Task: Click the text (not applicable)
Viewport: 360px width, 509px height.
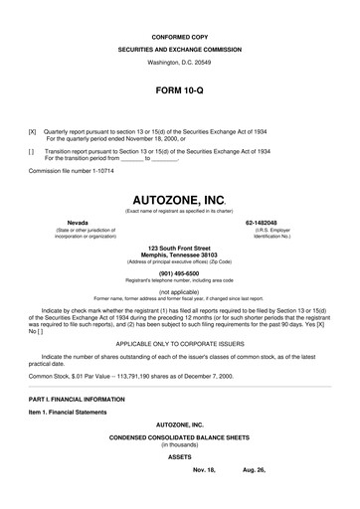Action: pyautogui.click(x=179, y=292)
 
